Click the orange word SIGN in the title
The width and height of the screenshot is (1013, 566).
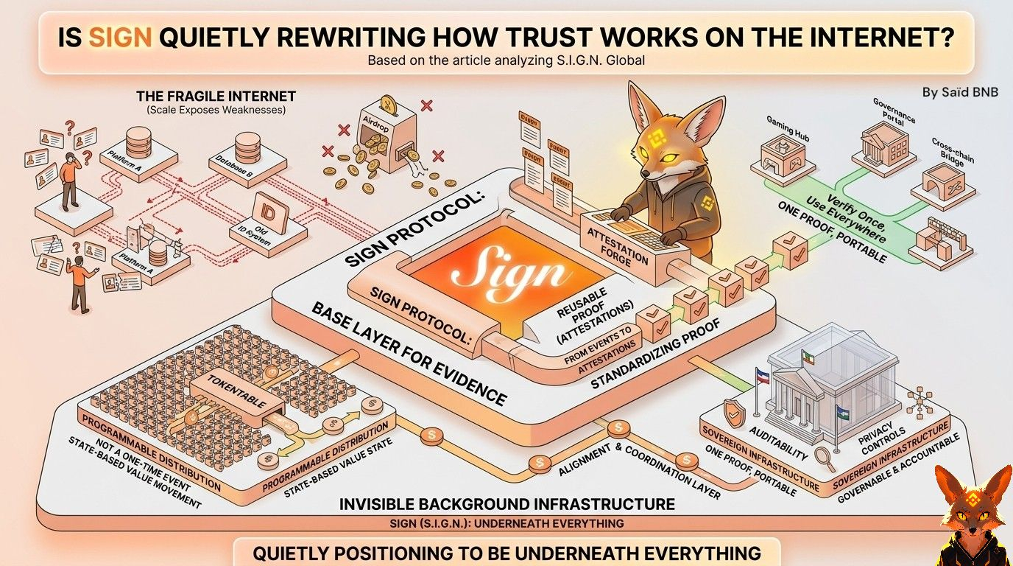[x=120, y=38]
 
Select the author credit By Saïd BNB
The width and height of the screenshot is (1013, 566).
[x=960, y=93]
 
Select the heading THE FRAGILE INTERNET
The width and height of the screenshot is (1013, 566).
[x=216, y=97]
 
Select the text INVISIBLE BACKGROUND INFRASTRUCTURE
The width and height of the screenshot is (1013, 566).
[x=506, y=505]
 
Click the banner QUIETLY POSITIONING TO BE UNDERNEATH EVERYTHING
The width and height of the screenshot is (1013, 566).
[x=506, y=553]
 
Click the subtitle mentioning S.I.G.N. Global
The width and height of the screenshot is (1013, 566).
[x=506, y=60]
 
